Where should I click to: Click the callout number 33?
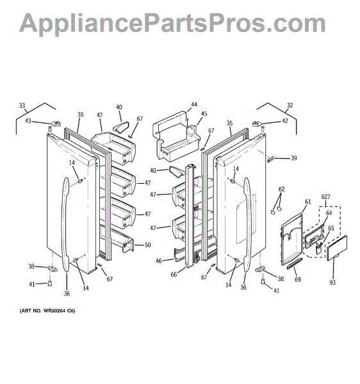click(22, 106)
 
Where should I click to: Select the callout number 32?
click(290, 106)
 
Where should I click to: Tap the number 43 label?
click(29, 120)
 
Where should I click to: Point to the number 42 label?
click(285, 120)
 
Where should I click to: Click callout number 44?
click(194, 104)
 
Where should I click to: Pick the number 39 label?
click(294, 158)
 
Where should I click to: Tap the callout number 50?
click(147, 245)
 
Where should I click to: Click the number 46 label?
click(159, 261)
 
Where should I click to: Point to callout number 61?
click(307, 202)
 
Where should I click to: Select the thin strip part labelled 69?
click(297, 265)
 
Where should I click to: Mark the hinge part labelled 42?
click(259, 124)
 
